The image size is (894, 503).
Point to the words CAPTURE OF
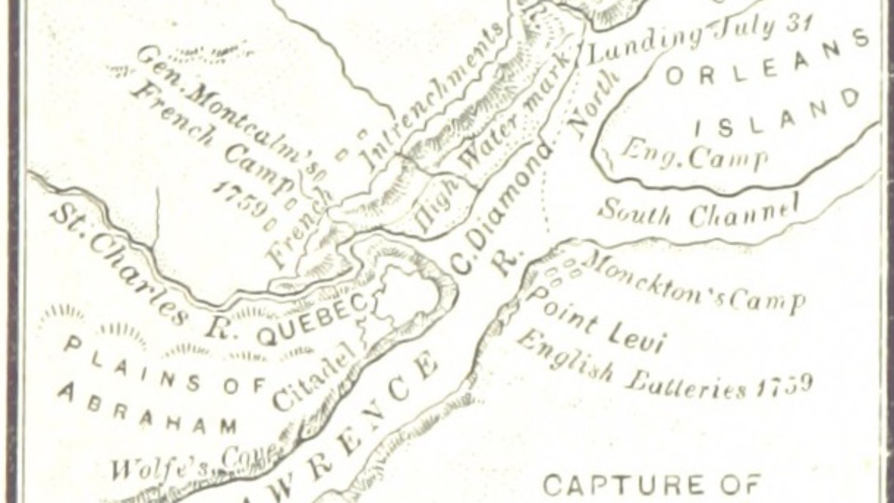point(652,484)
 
